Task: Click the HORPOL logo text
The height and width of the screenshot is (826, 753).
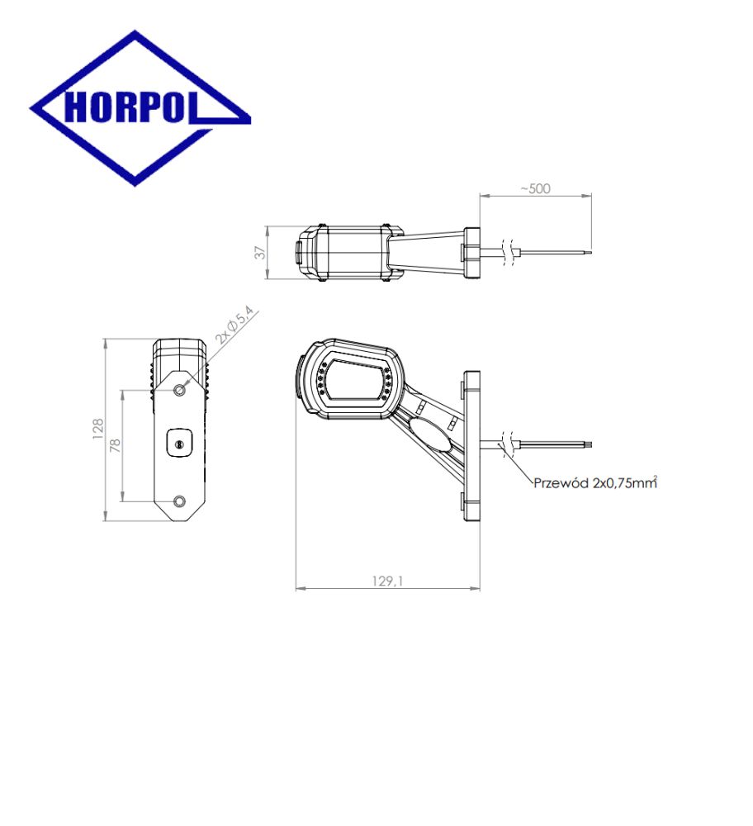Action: [130, 107]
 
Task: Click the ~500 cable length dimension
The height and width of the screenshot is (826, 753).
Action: [535, 188]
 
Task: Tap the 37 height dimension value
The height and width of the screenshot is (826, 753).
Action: [260, 252]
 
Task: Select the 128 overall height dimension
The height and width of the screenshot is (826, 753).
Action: [98, 430]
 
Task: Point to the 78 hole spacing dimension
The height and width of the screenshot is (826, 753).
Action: [116, 446]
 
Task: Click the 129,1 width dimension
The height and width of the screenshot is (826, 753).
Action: [387, 581]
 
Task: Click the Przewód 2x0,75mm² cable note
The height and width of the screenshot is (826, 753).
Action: [595, 482]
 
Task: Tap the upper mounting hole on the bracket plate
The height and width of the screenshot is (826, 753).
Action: [179, 390]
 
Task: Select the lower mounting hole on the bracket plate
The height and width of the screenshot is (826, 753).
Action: [179, 501]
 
